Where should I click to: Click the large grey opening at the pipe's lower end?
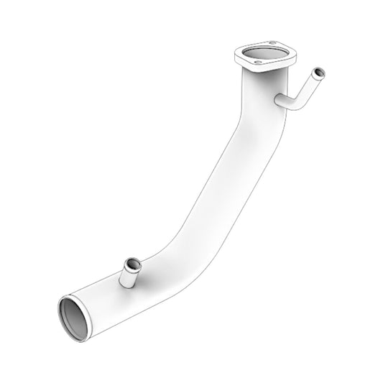75,318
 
